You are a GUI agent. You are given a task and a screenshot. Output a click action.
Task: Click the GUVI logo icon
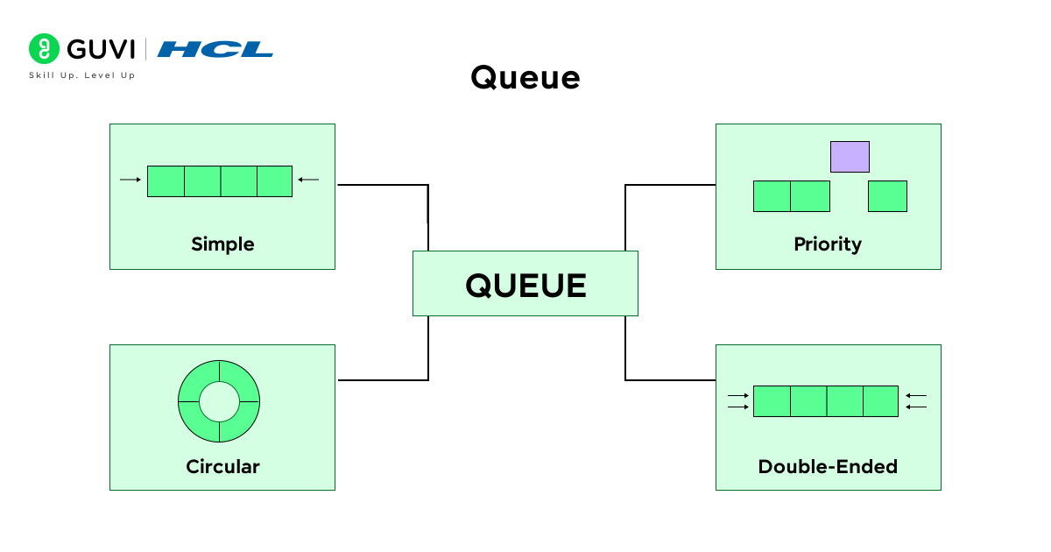click(x=44, y=49)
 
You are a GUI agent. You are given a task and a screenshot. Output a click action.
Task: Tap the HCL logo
click(x=215, y=49)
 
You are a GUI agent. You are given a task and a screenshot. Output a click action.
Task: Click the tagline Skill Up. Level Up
click(x=82, y=75)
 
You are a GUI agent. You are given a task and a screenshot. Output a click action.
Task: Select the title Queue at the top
click(x=525, y=78)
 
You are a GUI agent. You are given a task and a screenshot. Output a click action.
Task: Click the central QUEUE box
click(x=525, y=284)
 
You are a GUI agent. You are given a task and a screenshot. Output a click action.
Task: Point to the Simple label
click(x=222, y=244)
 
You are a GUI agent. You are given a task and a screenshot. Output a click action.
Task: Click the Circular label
click(x=222, y=466)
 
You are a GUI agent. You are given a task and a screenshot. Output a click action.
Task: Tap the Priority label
click(x=828, y=244)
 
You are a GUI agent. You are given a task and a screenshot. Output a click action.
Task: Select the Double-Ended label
click(x=828, y=466)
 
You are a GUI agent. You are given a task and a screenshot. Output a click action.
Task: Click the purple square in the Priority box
click(x=850, y=157)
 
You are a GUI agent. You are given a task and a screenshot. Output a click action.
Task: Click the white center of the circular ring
click(x=219, y=401)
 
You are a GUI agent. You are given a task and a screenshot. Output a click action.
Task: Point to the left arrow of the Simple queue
click(x=130, y=180)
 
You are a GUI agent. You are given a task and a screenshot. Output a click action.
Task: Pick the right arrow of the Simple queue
click(x=308, y=180)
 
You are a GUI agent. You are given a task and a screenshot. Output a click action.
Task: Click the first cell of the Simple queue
click(x=166, y=180)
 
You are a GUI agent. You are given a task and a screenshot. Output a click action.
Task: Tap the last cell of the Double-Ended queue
click(x=880, y=401)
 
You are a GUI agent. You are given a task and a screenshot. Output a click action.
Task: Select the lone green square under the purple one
click(x=887, y=196)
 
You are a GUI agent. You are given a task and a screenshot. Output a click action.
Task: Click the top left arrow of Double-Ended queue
click(x=738, y=396)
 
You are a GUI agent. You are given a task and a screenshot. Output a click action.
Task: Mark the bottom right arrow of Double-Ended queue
click(x=916, y=407)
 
